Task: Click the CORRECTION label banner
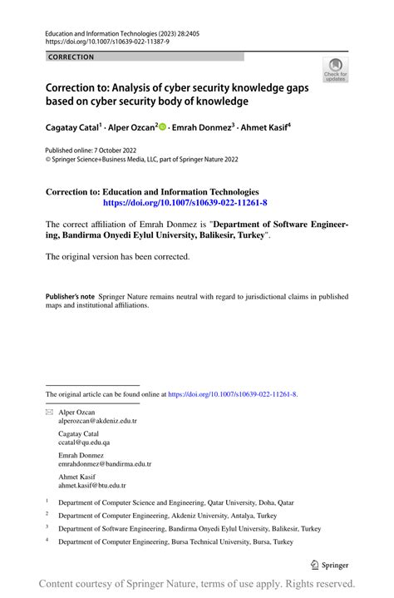click(71, 57)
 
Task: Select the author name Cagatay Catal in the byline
click(73, 129)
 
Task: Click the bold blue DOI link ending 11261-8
click(185, 202)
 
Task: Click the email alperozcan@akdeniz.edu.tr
click(97, 422)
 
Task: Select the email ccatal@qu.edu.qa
click(85, 443)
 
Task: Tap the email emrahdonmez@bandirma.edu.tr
click(105, 464)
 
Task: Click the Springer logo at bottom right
click(328, 565)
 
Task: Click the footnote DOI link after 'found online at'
click(232, 395)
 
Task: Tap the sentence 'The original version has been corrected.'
click(117, 256)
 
